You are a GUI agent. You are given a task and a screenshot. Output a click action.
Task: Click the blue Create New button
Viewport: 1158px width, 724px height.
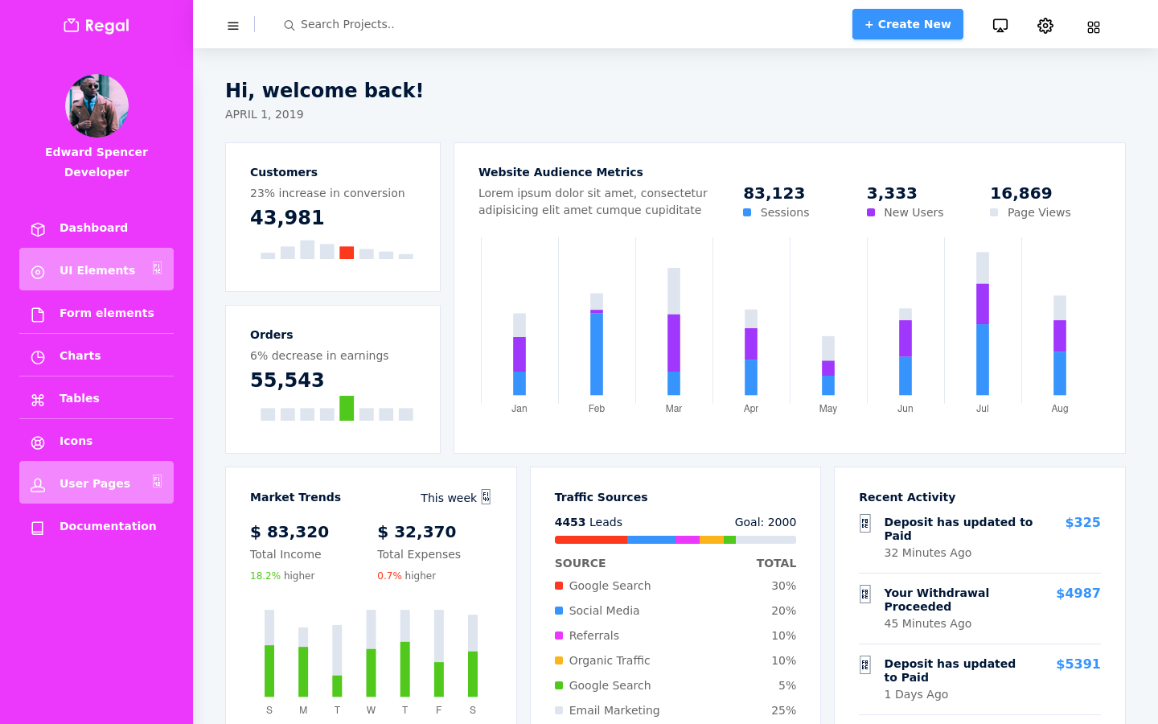(x=907, y=24)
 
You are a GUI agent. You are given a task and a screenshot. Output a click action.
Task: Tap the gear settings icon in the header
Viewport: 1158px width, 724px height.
(x=1045, y=26)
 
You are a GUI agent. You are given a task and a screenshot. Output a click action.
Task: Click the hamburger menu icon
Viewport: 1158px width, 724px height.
(x=233, y=26)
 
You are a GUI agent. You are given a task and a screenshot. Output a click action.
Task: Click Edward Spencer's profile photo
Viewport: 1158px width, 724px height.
(x=96, y=105)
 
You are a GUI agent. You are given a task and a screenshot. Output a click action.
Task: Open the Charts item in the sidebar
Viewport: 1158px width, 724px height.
(x=80, y=356)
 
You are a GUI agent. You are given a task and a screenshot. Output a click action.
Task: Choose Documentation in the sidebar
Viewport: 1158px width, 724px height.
(x=108, y=526)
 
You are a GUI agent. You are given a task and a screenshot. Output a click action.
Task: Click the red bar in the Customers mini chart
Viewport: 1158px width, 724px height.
(x=347, y=253)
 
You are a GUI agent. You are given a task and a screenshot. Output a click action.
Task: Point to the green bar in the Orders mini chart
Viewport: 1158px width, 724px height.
(x=347, y=408)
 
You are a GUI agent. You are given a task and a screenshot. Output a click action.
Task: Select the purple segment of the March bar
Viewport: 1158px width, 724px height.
(x=674, y=343)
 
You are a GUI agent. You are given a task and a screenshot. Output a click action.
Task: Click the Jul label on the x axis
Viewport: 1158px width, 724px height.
(x=982, y=409)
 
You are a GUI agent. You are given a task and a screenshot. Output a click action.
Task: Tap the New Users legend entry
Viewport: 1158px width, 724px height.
(x=905, y=212)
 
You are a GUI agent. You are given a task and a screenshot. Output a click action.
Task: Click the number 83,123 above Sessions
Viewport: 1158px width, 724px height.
(x=774, y=193)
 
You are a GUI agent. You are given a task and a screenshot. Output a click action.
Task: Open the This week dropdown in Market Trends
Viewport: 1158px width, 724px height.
(x=455, y=497)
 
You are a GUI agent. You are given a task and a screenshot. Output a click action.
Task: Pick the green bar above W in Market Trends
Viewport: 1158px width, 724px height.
(x=371, y=673)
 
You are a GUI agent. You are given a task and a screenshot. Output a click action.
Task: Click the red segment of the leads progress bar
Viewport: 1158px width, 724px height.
(x=591, y=540)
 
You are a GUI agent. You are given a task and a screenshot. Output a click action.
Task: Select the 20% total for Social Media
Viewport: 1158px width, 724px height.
(x=783, y=611)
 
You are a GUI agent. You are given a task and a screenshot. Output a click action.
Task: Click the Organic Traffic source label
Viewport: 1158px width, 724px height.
(x=609, y=660)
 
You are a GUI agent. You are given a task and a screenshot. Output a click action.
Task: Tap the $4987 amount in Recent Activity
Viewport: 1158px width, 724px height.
(x=1078, y=593)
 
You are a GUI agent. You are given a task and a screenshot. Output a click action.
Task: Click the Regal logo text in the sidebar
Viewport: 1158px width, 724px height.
(x=107, y=26)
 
